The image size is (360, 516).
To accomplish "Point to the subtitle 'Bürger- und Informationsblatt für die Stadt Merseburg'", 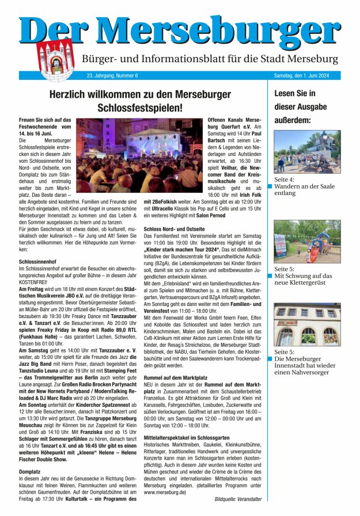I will [210, 59].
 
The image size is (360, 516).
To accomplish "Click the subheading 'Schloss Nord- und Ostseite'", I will [173, 229].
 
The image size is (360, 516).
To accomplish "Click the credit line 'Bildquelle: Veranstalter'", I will [238, 499].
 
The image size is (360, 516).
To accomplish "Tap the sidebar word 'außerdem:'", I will [293, 120].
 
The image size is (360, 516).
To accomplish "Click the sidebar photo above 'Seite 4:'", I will [307, 152].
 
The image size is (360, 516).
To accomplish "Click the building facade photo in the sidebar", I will [307, 325].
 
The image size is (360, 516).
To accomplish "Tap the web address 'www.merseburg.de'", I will [165, 492].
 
